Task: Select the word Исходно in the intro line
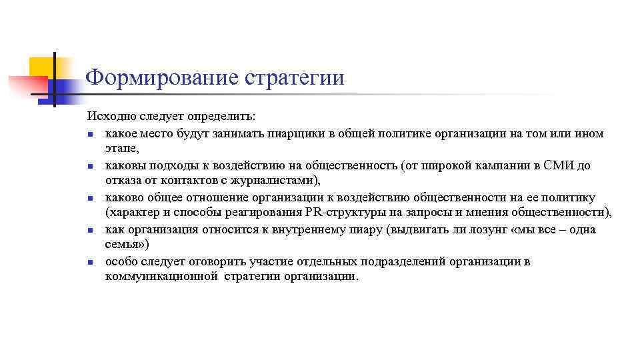pyautogui.click(x=112, y=117)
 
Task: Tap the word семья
pyautogui.click(x=121, y=245)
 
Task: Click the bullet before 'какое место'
pyautogui.click(x=90, y=134)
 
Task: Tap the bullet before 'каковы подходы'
pyautogui.click(x=90, y=166)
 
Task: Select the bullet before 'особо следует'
pyautogui.click(x=90, y=262)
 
